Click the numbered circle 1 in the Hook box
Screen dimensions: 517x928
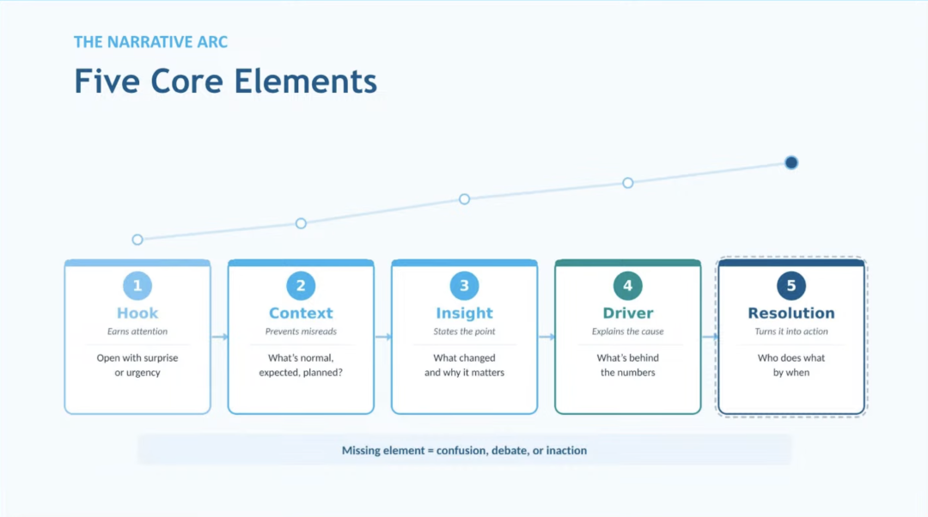(137, 286)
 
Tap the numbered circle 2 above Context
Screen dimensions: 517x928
(301, 286)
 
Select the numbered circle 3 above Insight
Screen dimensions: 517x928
(464, 286)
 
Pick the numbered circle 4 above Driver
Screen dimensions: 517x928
(628, 286)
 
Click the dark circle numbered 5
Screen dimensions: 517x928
(791, 286)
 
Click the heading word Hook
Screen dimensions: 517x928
(137, 313)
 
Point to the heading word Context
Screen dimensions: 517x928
(301, 313)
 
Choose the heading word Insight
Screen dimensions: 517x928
(464, 313)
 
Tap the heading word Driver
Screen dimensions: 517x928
(628, 313)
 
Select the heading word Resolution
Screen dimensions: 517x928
(791, 313)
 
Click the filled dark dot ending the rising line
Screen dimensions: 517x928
(791, 162)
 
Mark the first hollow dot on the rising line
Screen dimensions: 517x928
(137, 240)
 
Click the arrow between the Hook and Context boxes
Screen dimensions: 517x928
(219, 337)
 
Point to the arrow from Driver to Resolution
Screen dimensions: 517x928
(710, 337)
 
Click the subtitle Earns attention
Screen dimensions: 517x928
(137, 331)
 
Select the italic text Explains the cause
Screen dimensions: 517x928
(628, 331)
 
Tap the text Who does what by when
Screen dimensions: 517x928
(791, 365)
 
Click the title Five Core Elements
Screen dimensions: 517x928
(225, 82)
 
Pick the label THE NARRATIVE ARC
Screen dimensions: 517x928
(150, 42)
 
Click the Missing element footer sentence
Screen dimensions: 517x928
(464, 450)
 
